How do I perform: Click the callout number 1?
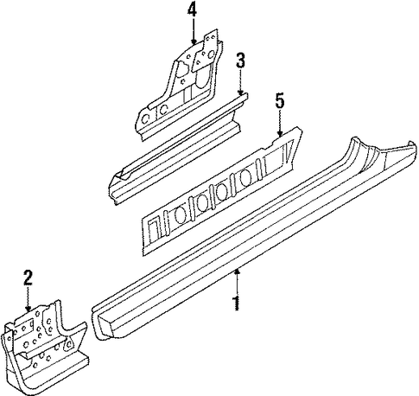pos(237,303)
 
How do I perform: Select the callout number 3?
pos(240,61)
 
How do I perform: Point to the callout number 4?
pos(192,10)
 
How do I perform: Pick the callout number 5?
pos(280,100)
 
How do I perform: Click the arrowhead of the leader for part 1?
pos(237,271)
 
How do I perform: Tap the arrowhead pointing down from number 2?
pos(28,309)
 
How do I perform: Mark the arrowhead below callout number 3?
pos(241,92)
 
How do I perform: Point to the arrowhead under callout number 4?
pos(193,42)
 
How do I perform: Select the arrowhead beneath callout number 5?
pos(280,133)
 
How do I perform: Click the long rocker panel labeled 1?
pos(253,240)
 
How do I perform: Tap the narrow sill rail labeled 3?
pos(179,150)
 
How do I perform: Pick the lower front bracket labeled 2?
pos(43,346)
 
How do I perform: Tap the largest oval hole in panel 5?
pos(245,179)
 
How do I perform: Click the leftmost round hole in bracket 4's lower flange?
pos(146,119)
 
